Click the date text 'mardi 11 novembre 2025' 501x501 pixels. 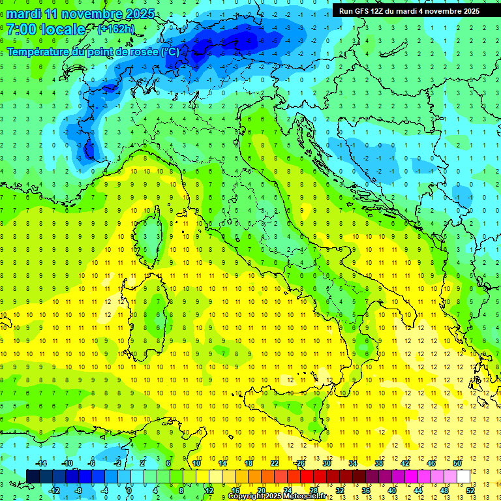point(81,14)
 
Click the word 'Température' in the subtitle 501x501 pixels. point(38,52)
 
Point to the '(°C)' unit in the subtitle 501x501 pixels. point(169,52)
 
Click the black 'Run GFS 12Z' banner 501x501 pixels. point(409,10)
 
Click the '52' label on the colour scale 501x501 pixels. point(470,491)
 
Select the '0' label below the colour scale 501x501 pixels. point(130,491)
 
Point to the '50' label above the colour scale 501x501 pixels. point(457,463)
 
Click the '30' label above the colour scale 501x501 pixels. point(327,463)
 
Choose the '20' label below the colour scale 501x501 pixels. point(261,491)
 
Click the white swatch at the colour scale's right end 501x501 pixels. point(463,476)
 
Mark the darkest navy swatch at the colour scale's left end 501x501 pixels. point(33,476)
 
